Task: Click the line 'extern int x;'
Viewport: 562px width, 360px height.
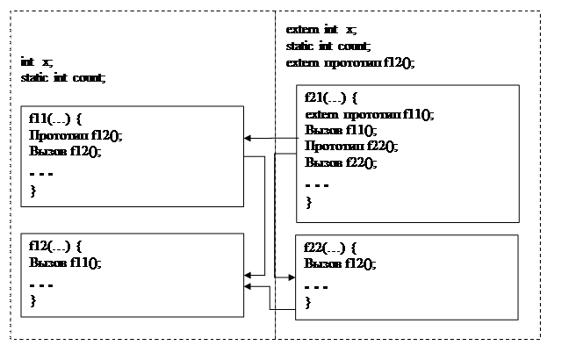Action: tap(321, 29)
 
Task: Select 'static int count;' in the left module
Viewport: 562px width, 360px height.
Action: tap(63, 78)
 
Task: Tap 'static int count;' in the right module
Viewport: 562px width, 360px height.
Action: tap(328, 47)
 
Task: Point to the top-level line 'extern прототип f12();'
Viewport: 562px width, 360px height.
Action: tap(350, 63)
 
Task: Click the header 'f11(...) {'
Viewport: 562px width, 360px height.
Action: tap(55, 119)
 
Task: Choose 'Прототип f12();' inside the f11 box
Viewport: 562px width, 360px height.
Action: tap(76, 135)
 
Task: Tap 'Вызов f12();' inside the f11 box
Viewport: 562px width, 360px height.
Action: tap(65, 152)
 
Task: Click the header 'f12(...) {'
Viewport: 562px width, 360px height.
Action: tap(55, 247)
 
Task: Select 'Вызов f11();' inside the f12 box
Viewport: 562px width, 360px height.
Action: tap(65, 263)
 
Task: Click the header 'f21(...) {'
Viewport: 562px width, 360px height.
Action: tap(331, 97)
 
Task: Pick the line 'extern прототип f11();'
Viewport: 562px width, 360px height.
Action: tap(369, 115)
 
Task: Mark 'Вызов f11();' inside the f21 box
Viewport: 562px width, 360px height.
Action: tap(341, 130)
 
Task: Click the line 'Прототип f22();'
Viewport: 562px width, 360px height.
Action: tap(351, 146)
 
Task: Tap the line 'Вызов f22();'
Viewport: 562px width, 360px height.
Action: tap(341, 162)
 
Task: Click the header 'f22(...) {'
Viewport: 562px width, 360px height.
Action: tap(330, 248)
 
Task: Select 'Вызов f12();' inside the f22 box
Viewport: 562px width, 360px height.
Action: tap(340, 264)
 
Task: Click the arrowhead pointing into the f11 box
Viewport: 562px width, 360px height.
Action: tap(248, 138)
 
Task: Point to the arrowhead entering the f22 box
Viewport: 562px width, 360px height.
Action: tap(292, 277)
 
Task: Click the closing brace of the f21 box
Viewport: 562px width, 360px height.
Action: tap(309, 203)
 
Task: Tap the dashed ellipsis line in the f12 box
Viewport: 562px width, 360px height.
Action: tap(41, 285)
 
